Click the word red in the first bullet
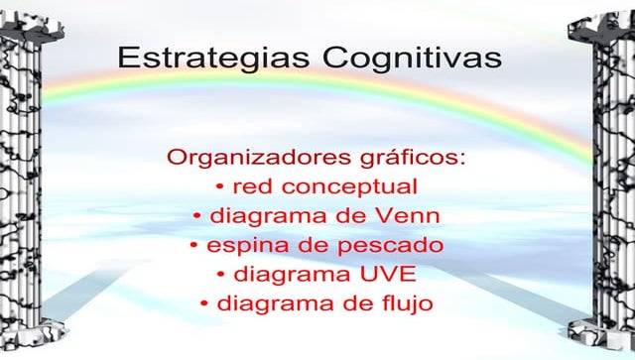(252, 186)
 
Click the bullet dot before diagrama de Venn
(198, 216)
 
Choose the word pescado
(390, 245)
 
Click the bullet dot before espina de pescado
(193, 245)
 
